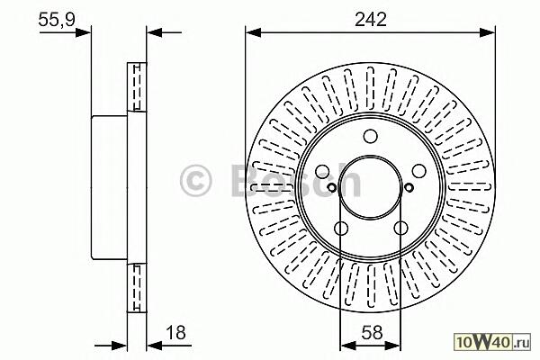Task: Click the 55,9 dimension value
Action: pos(57,19)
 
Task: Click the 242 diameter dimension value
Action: pos(371,19)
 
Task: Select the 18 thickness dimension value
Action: pos(175,332)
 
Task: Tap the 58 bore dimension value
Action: pos(373,332)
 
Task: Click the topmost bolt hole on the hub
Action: pos(371,136)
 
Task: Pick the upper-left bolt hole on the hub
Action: pos(322,171)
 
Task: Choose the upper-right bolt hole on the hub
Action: pos(419,171)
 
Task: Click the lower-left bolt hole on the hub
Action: pos(341,228)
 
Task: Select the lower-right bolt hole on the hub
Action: pos(400,228)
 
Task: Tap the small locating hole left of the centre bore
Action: pos(331,188)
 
